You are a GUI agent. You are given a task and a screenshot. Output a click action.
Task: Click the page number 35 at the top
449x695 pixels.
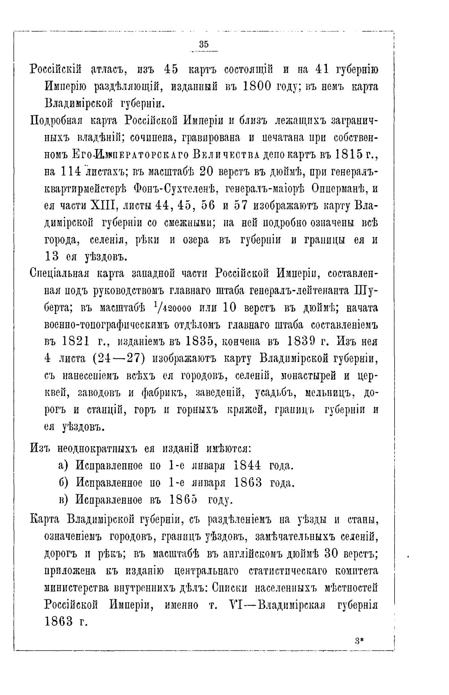(204, 44)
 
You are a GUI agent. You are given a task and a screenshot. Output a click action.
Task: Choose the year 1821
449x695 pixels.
(72, 341)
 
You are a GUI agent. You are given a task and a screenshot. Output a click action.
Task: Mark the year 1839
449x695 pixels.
(307, 341)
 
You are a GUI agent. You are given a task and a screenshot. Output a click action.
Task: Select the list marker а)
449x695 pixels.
(63, 465)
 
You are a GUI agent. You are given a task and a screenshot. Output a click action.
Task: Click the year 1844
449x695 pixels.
(247, 465)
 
